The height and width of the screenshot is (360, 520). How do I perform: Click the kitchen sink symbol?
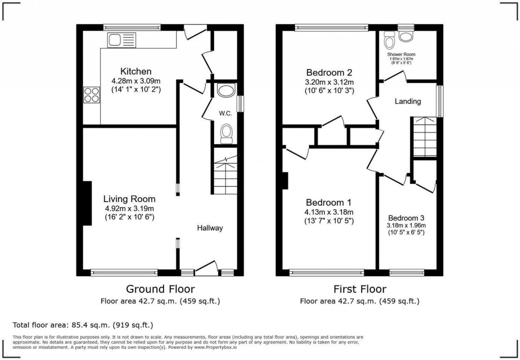(121, 40)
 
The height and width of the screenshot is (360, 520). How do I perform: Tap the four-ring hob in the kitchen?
(92, 95)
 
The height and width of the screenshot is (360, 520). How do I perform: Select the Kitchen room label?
(136, 71)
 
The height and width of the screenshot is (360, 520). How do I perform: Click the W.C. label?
(225, 113)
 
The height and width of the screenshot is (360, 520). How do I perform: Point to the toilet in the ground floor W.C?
(226, 134)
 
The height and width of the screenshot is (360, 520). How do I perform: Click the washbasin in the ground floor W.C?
(225, 91)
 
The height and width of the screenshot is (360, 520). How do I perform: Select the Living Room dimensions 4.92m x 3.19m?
(129, 208)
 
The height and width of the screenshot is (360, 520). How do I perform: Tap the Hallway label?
(210, 228)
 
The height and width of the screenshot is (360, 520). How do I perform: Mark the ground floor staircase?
(225, 176)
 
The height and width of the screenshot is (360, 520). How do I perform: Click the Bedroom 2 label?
(329, 72)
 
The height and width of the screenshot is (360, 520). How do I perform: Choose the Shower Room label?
(401, 54)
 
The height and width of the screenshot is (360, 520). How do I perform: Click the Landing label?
(408, 102)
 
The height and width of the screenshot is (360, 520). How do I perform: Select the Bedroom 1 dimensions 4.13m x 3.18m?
(329, 212)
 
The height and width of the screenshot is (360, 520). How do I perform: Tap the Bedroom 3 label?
(406, 217)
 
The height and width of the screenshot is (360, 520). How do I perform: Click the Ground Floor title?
(160, 289)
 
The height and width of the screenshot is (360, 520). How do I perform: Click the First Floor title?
(360, 289)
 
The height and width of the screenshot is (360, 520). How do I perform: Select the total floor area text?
(82, 324)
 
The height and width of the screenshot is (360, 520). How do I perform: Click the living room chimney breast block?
(87, 203)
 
